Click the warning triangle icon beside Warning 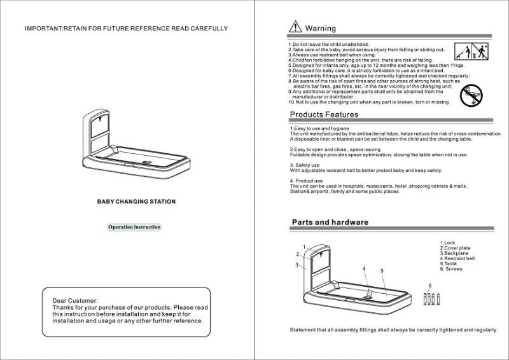295,27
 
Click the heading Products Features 324,114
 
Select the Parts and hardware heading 330,223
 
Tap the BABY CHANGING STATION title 136,202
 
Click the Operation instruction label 134,226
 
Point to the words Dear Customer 75,300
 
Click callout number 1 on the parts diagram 304,247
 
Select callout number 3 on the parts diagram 296,264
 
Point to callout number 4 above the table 364,269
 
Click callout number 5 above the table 382,271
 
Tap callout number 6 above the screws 430,285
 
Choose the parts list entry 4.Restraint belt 457,259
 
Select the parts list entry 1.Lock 448,243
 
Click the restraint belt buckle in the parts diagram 367,294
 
